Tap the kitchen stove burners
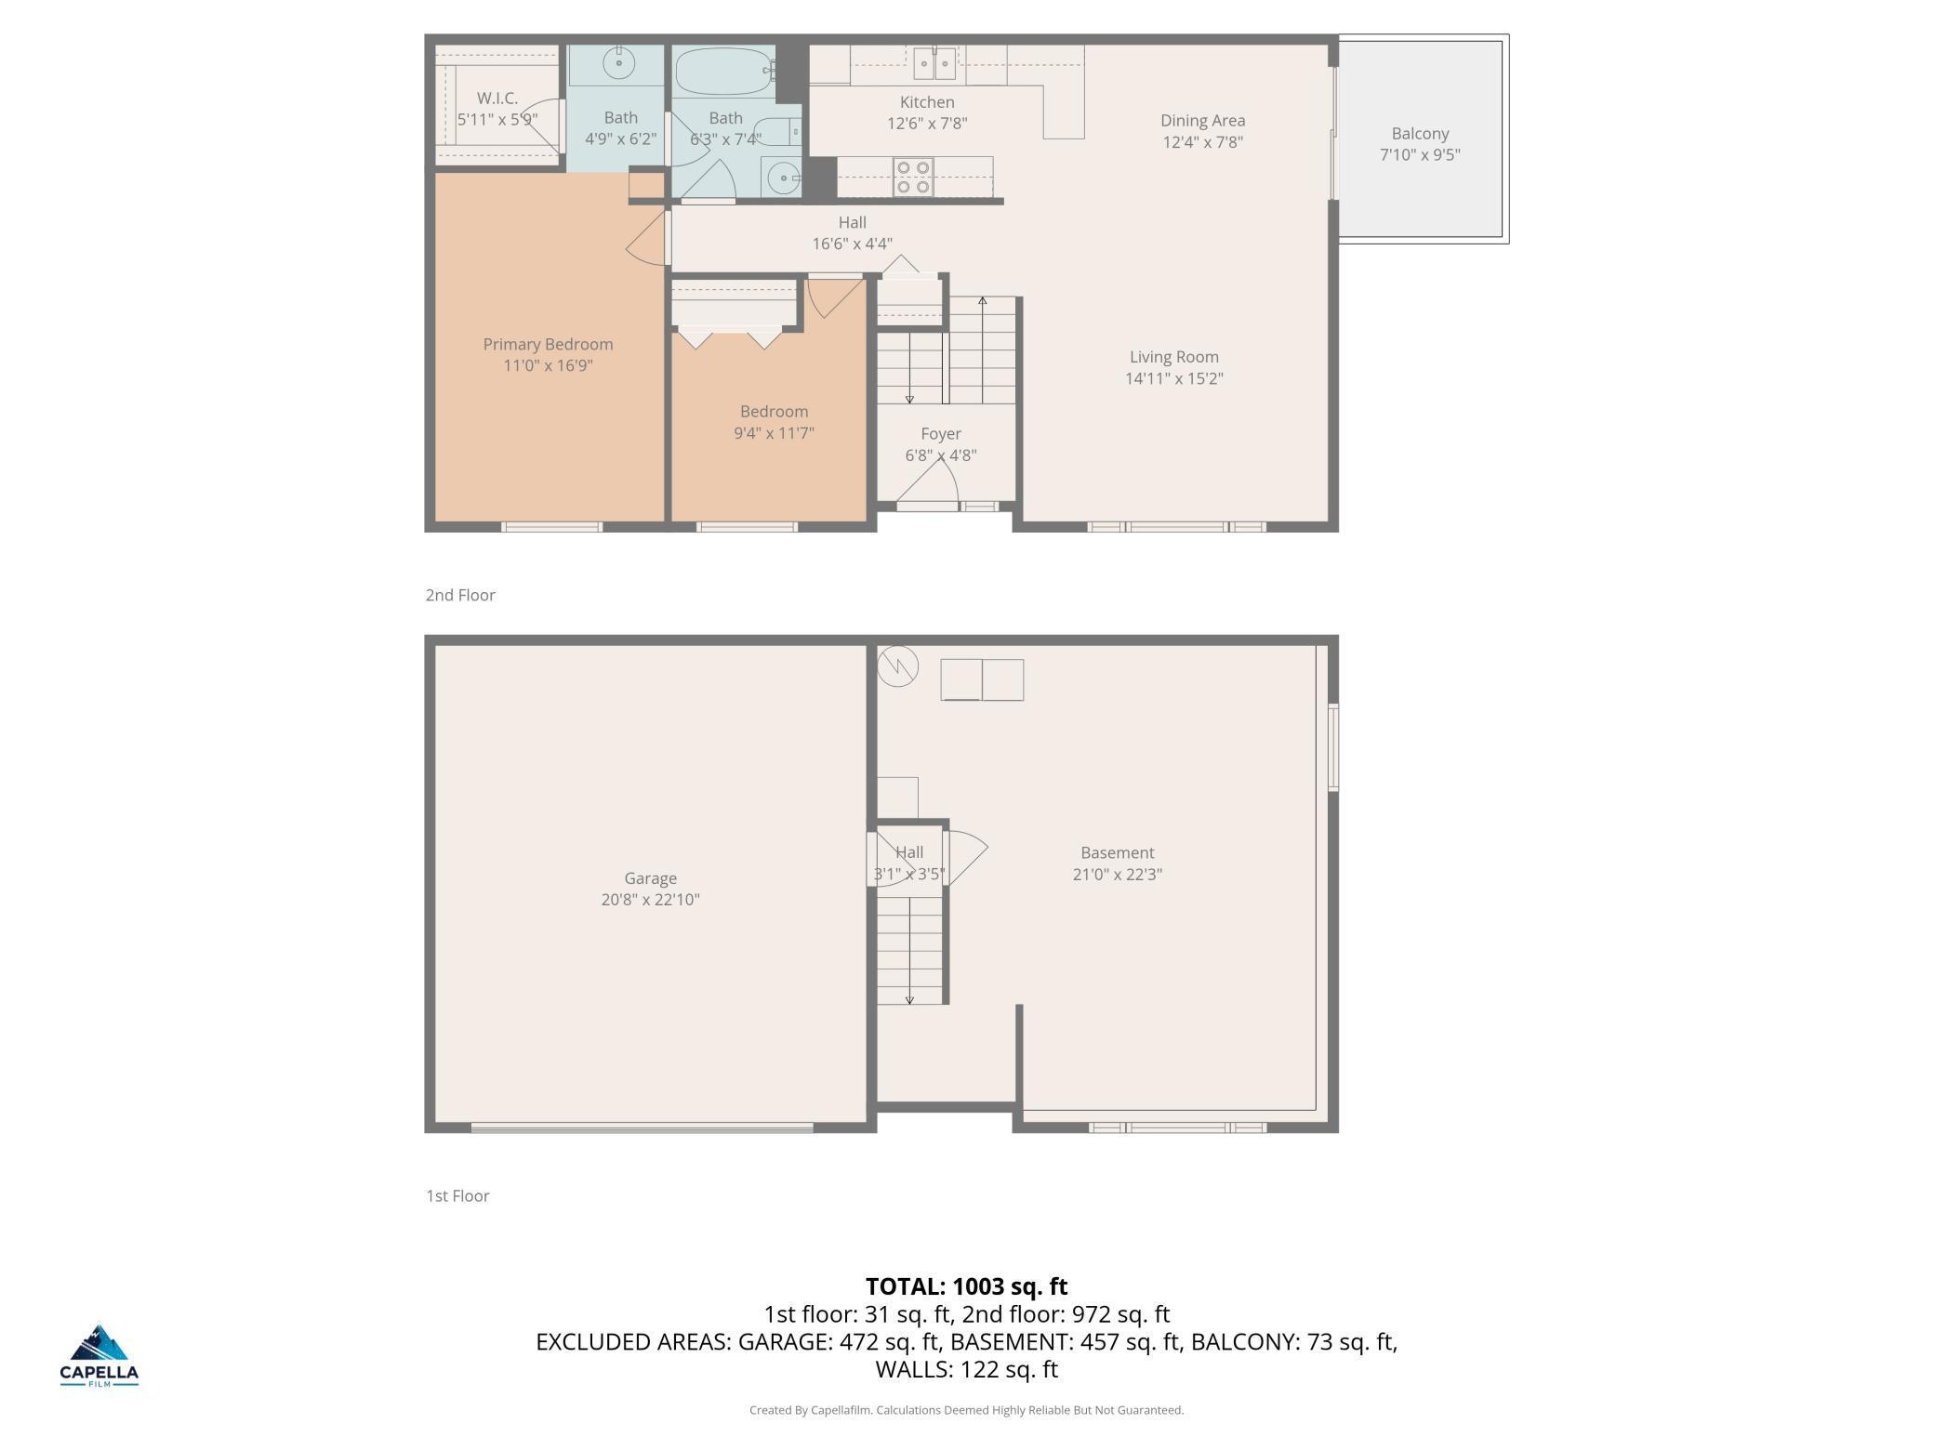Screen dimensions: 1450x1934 913,178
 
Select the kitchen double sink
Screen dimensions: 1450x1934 934,63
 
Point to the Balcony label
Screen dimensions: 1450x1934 1420,134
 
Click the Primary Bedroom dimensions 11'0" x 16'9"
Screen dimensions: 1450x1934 548,365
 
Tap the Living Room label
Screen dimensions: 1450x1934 1173,357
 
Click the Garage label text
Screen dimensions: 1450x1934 650,878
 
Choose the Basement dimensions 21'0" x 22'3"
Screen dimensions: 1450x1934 1117,874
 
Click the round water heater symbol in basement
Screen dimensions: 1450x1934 898,666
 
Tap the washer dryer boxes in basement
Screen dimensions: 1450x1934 982,679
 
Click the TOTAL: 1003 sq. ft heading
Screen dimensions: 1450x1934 966,1286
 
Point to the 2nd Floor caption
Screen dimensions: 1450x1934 460,595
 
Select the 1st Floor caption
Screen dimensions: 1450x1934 457,1196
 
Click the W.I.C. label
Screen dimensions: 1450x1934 497,98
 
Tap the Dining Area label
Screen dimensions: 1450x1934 1202,121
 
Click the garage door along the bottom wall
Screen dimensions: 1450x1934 642,1128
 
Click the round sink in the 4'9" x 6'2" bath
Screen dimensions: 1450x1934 618,63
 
